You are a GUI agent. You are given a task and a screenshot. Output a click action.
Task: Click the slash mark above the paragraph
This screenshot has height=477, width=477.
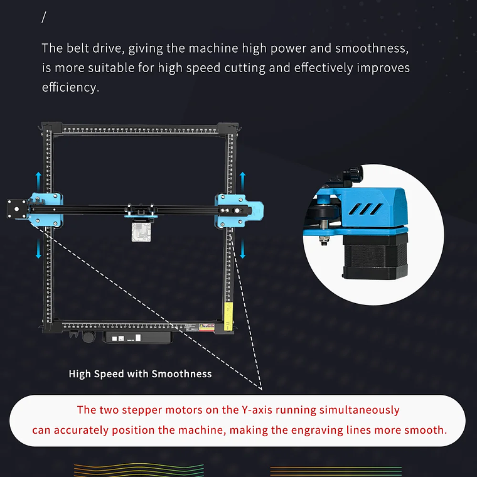coord(44,18)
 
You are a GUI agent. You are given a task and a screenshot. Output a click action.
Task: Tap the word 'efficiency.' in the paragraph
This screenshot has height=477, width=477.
coord(70,87)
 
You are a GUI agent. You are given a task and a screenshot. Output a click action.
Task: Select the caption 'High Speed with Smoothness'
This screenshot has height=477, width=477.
coord(140,374)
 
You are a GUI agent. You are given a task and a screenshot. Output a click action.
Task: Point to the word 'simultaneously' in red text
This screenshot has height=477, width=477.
coord(359,410)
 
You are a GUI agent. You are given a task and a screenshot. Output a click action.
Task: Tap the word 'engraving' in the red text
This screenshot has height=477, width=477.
coord(317,431)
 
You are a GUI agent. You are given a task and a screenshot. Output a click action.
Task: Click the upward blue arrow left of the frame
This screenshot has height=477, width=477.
coord(38,182)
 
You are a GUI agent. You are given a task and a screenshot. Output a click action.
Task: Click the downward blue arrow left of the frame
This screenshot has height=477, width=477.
coord(38,249)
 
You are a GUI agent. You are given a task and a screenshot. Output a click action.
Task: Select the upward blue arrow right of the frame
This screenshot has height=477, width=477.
coord(242,182)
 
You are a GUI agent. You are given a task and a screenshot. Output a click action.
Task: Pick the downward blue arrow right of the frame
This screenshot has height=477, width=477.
coord(242,249)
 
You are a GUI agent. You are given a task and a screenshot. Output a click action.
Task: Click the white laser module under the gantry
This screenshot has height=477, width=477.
coord(141,232)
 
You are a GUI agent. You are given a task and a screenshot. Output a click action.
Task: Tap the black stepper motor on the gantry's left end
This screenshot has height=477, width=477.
coord(17,208)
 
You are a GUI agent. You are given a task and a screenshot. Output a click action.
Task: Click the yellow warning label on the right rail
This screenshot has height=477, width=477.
coord(228,316)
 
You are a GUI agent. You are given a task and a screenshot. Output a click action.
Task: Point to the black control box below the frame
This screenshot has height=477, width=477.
coord(138,338)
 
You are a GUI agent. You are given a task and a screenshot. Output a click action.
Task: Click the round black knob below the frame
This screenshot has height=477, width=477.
coord(88,337)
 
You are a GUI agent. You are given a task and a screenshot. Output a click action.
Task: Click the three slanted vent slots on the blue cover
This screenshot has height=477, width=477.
coord(365,209)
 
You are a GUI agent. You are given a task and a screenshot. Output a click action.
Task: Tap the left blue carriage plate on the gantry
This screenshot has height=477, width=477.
coord(46,210)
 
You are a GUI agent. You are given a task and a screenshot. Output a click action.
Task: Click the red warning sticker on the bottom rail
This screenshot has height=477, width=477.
coord(206,328)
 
